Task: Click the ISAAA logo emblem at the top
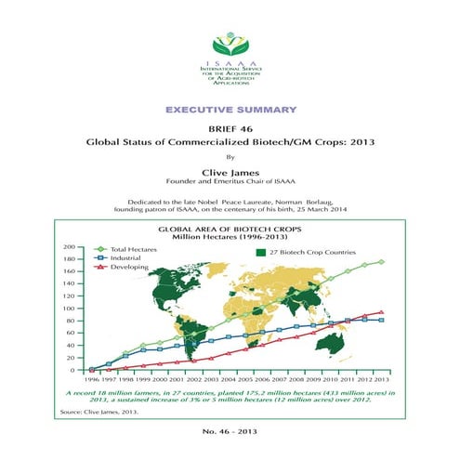tap(230, 43)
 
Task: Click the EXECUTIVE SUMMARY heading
tap(230, 109)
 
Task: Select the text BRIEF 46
tap(230, 131)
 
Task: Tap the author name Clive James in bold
tap(230, 172)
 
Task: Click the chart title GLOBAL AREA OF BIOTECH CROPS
tap(228, 228)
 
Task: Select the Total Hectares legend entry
tap(129, 248)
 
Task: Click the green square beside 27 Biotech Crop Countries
tap(259, 252)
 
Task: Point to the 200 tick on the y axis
tap(68, 247)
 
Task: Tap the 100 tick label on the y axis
tap(68, 309)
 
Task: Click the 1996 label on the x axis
tap(91, 380)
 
